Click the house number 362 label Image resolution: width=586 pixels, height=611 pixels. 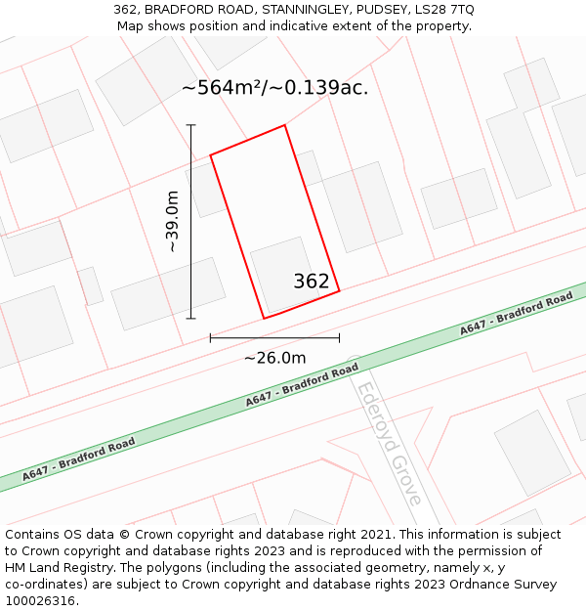312,282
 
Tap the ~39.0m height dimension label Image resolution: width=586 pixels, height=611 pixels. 173,222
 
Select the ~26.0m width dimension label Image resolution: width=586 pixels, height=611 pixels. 274,358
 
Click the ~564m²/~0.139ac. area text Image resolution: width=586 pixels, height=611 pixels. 274,88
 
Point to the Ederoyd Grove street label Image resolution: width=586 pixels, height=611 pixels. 389,442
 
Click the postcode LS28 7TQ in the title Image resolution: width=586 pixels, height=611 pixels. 442,10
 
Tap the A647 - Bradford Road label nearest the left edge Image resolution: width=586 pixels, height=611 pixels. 80,458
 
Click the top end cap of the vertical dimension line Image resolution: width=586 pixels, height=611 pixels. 191,125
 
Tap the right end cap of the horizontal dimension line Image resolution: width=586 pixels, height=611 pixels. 340,338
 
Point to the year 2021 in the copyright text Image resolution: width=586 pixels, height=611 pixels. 374,535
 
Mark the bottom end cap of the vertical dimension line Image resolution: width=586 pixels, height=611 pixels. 191,318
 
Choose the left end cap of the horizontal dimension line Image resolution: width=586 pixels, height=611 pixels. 210,338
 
